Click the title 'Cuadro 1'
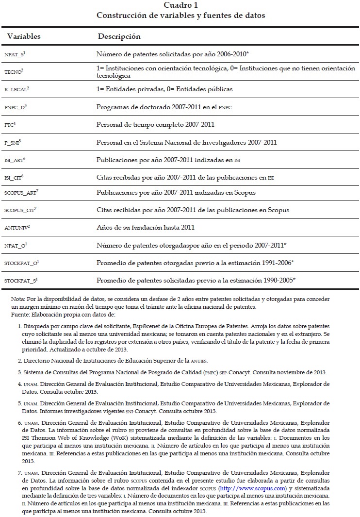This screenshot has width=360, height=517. click(180, 5)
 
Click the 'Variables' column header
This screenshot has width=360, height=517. click(24, 36)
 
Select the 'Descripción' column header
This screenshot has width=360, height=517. click(119, 36)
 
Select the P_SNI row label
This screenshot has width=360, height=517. click(13, 142)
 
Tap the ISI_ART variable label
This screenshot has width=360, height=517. click(15, 160)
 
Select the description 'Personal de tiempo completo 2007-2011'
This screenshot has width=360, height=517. click(155, 124)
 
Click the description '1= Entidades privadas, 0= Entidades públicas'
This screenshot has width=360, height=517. click(164, 89)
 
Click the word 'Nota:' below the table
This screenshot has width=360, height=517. click(19, 299)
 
